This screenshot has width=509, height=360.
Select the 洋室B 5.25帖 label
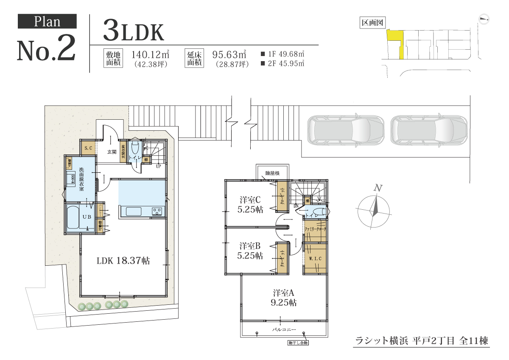click(251, 250)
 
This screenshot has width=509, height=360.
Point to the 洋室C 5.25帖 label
click(251, 204)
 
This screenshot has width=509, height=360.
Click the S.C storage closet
click(88, 148)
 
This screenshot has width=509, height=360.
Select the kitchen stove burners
click(157, 211)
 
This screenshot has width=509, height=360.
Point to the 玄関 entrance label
click(112, 152)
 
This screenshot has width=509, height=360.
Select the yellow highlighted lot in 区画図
click(396, 42)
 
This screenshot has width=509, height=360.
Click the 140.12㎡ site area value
click(151, 54)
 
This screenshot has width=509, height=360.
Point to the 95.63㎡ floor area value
click(229, 54)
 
